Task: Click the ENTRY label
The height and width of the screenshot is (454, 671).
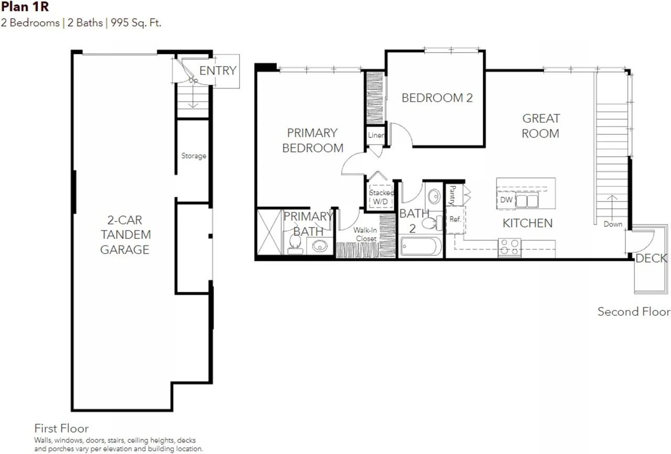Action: tap(218, 71)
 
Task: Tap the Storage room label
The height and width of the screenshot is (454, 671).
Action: tap(193, 156)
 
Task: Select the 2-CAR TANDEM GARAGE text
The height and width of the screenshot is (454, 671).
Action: tap(125, 235)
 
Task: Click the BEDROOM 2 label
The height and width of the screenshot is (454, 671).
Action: tap(437, 98)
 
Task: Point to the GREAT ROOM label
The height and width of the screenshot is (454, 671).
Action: tap(540, 126)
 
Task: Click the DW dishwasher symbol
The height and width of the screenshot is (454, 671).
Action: tap(506, 200)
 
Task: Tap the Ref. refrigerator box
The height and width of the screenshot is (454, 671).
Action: tap(456, 219)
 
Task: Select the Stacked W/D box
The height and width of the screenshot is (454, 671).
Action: tap(381, 197)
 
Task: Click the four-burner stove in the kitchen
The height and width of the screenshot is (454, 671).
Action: tap(510, 247)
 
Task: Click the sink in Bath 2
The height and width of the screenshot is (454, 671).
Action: tap(434, 196)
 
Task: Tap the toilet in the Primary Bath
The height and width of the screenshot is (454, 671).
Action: tap(295, 244)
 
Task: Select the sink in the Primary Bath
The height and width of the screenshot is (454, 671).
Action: tap(320, 246)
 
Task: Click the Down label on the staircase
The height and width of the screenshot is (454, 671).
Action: tap(613, 224)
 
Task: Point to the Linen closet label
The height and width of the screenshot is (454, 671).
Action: tap(376, 135)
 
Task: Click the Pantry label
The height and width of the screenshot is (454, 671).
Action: tap(452, 195)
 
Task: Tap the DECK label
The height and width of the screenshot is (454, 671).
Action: tap(651, 258)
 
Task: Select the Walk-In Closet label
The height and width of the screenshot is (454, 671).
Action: tap(365, 234)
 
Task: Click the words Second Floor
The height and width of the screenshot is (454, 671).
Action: tap(634, 312)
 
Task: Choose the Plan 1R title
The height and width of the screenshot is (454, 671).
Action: tap(25, 7)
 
